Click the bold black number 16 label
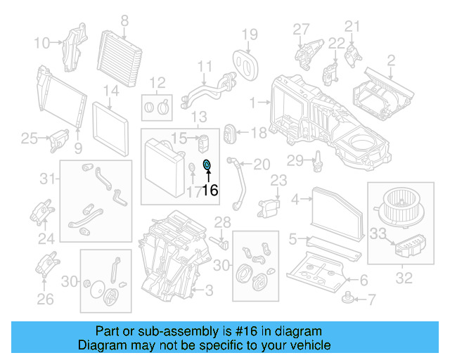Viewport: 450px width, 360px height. pos(211,190)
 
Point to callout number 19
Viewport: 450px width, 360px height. pos(250,34)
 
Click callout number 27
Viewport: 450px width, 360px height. pos(301,29)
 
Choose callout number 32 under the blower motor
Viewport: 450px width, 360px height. pos(404,278)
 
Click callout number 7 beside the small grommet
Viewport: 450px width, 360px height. pos(372,300)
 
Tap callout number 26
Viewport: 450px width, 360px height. pos(45,300)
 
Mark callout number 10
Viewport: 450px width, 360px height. pos(43,43)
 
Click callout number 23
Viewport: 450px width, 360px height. pos(279,181)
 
